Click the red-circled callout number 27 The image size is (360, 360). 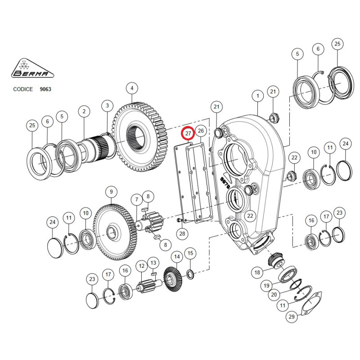pyautogui.click(x=188, y=133)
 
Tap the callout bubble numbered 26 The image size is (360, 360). pyautogui.click(x=201, y=130)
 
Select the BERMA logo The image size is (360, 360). pyautogui.click(x=32, y=68)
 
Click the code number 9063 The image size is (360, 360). pyautogui.click(x=45, y=89)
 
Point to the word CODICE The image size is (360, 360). pyautogui.click(x=23, y=89)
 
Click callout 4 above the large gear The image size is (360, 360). pyautogui.click(x=132, y=88)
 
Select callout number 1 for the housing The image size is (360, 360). pyautogui.click(x=257, y=96)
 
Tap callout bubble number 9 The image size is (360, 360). pyautogui.click(x=111, y=192)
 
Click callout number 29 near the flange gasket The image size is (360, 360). pyautogui.click(x=292, y=317)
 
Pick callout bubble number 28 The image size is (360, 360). pyautogui.click(x=182, y=234)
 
